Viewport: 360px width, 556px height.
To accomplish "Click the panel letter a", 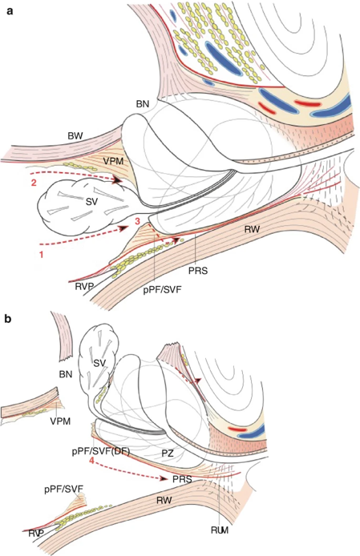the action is (10, 10).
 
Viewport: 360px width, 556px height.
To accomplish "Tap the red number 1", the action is (41, 254).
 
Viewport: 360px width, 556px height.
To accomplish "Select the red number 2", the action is (34, 183).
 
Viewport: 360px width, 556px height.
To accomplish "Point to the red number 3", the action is (138, 221).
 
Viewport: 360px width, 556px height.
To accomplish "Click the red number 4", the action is (91, 461).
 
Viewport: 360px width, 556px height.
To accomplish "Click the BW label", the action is (75, 136).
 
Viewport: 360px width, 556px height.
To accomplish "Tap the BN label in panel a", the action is (143, 104).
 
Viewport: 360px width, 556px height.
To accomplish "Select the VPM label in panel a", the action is (113, 161).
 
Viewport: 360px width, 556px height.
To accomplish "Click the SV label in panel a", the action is (91, 202).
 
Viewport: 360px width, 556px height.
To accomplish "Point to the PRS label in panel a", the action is (198, 271).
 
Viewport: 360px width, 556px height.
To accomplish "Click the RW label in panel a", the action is (252, 229).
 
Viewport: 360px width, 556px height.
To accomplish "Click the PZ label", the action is (168, 453).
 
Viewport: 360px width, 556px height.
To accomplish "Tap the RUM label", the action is (220, 530).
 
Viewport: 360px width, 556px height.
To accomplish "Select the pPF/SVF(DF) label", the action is (101, 452).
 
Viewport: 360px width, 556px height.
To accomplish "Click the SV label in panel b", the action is (100, 363).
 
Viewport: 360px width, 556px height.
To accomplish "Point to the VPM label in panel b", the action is (60, 421).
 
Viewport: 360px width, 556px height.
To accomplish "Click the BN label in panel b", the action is (66, 374).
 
